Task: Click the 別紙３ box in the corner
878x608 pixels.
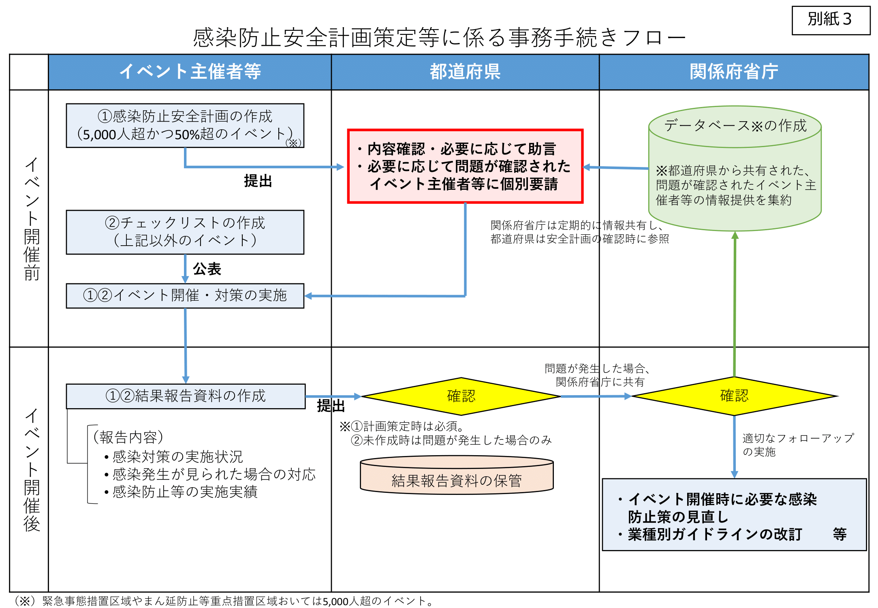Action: pos(831,20)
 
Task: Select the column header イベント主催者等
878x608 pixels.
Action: pos(190,72)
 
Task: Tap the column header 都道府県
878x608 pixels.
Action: pos(465,72)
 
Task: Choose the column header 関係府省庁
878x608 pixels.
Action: pos(734,72)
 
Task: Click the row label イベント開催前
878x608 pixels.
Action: pos(32,219)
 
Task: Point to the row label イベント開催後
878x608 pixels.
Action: pos(32,470)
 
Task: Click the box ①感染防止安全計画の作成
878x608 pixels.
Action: pos(185,126)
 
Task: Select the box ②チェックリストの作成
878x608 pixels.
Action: pos(185,232)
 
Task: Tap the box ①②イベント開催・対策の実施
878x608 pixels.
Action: pos(185,296)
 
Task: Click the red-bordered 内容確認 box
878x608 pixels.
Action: pos(465,166)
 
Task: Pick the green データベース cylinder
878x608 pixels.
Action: pos(735,169)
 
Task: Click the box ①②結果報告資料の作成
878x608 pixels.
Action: pos(186,396)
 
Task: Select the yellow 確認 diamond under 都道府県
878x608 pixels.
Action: pos(461,396)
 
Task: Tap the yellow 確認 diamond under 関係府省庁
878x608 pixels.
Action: pos(734,396)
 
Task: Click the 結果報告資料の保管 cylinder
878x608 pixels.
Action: pos(457,475)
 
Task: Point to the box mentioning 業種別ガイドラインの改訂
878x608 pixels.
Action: pos(734,515)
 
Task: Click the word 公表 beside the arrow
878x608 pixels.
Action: pos(207,269)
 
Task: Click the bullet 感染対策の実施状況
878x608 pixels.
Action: pos(173,457)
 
